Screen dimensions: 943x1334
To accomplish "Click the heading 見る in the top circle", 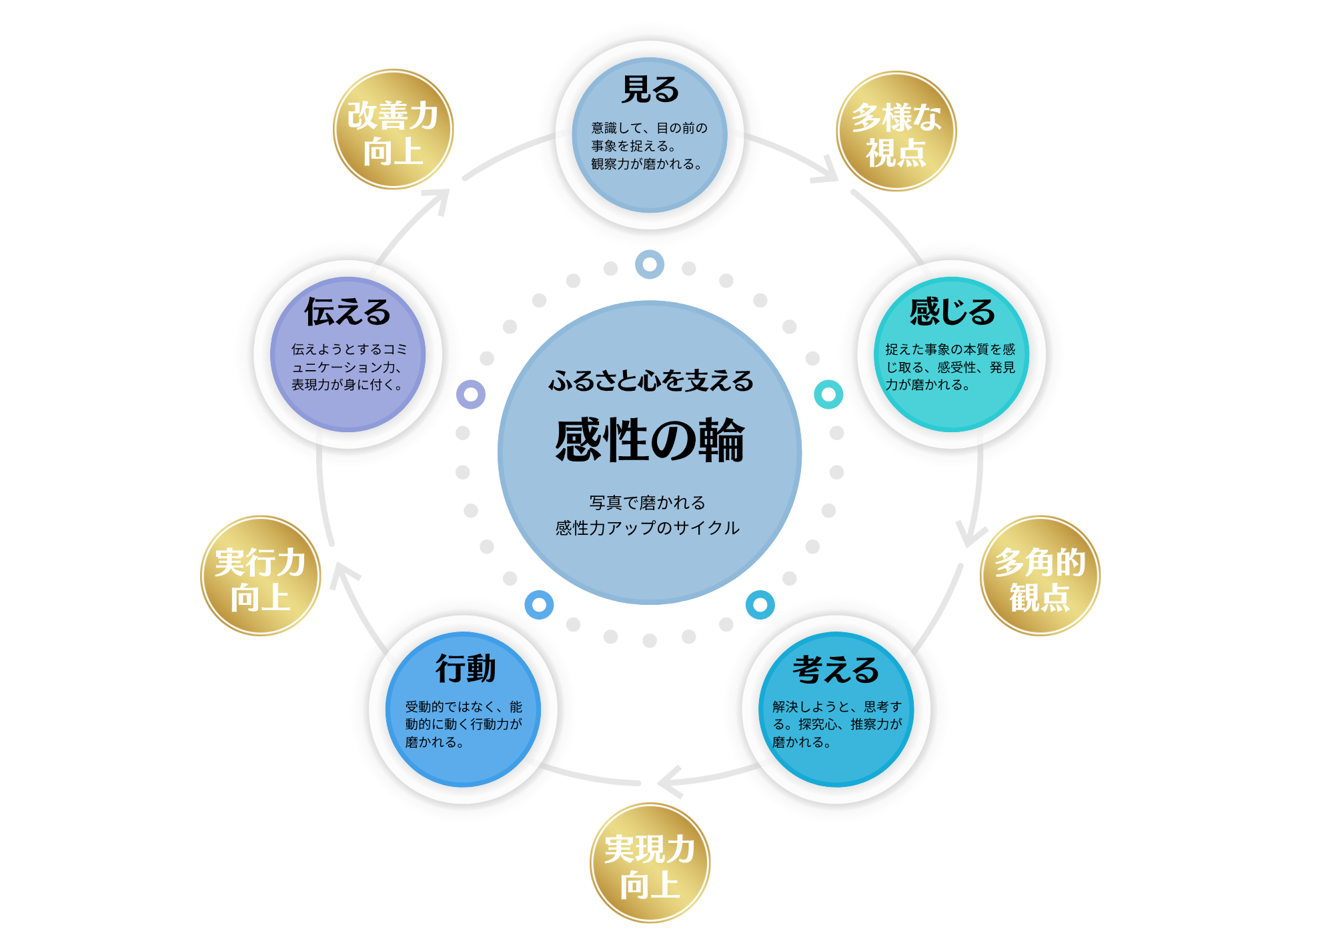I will (x=650, y=89).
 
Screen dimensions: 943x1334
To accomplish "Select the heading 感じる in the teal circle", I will (x=952, y=311).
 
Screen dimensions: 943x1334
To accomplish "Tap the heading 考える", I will (x=836, y=670).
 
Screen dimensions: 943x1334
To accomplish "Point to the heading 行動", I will (x=466, y=668).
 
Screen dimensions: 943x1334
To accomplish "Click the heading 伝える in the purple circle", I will (x=348, y=311).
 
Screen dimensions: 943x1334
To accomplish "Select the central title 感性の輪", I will (x=650, y=440).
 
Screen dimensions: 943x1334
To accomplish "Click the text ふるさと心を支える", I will (x=650, y=381).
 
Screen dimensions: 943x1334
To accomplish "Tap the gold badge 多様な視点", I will (x=896, y=131).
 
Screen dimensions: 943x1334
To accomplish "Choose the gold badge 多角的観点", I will (x=1040, y=576).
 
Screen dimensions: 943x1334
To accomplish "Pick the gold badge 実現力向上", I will (x=650, y=864).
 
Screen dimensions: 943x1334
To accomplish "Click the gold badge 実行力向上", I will (x=260, y=576).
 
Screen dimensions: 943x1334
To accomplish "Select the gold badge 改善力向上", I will (x=393, y=130).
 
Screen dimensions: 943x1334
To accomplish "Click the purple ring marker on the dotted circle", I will (x=471, y=395).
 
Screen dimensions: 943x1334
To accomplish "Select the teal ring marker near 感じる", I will (x=828, y=395).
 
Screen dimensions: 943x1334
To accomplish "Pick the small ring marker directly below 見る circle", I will (x=650, y=264).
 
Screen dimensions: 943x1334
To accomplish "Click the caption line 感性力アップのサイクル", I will (x=647, y=528).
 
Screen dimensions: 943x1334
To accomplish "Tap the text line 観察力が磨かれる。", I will (x=646, y=164).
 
